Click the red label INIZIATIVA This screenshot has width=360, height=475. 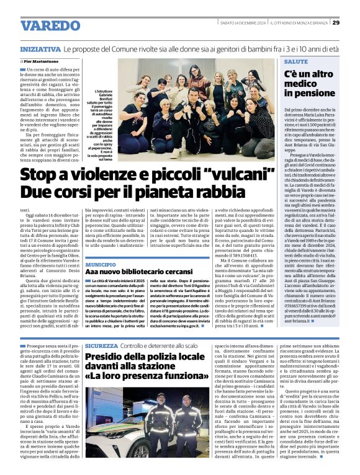pyautogui.click(x=40, y=48)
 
